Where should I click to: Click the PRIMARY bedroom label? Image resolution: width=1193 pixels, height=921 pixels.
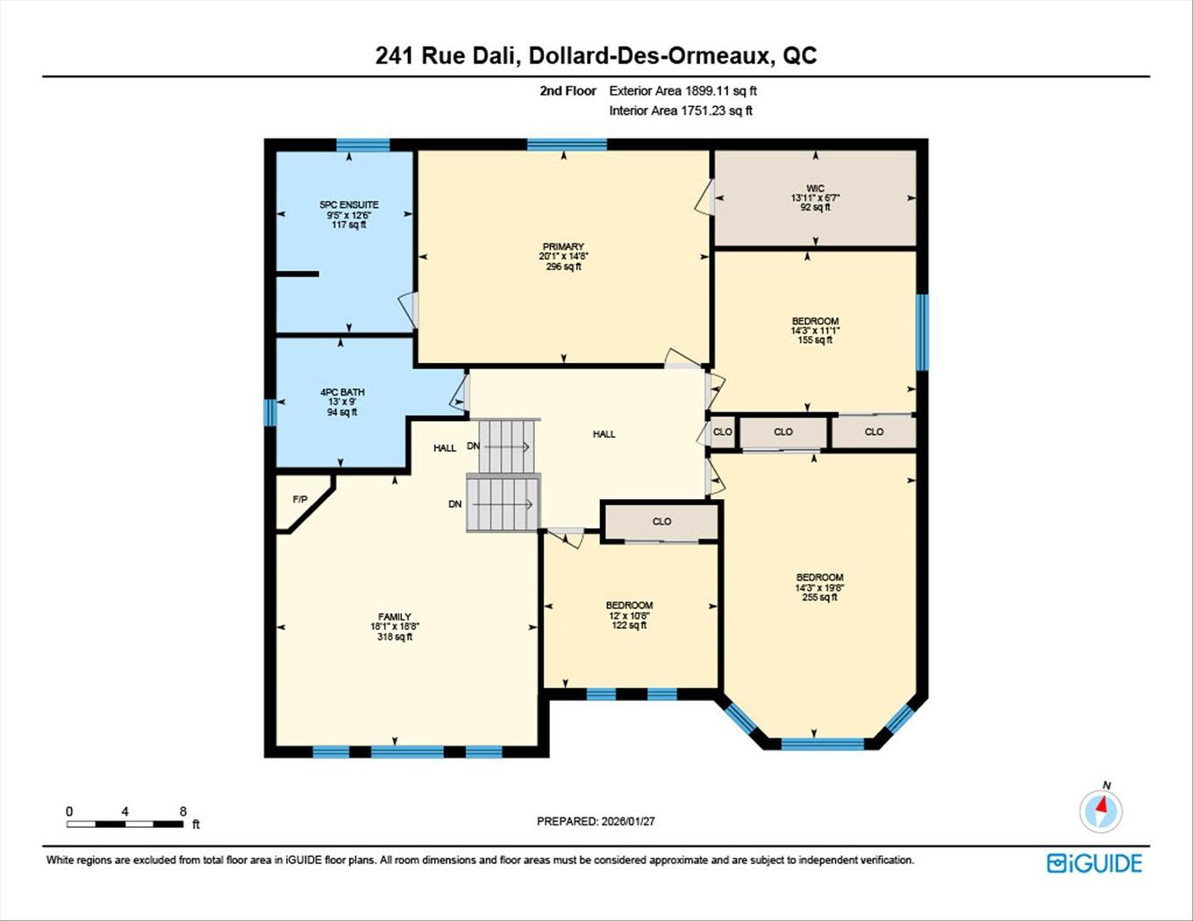(x=563, y=247)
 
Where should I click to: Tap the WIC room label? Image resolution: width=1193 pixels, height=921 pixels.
(x=815, y=189)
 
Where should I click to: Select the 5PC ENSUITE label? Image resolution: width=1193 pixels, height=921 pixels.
(x=349, y=205)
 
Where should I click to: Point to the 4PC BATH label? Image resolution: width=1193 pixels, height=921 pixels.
(x=342, y=393)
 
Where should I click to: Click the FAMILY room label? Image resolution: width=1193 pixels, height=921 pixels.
(x=395, y=618)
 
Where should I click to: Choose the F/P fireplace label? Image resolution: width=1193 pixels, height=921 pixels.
(x=300, y=500)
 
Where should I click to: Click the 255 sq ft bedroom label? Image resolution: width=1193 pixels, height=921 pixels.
(x=819, y=578)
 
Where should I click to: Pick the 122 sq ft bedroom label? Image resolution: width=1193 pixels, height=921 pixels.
(x=629, y=606)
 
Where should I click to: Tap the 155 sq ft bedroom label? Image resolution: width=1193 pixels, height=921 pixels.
(x=815, y=322)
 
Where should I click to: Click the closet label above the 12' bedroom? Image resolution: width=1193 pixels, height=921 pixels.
(x=661, y=522)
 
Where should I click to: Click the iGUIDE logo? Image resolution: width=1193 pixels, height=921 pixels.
(x=1095, y=863)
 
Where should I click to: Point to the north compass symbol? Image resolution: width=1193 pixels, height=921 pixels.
(x=1101, y=809)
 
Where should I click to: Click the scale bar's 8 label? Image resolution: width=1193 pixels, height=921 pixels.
(x=183, y=811)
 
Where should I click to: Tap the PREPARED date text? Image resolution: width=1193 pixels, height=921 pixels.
(x=596, y=822)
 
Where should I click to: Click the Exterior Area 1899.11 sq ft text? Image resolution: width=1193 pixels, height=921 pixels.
(x=682, y=90)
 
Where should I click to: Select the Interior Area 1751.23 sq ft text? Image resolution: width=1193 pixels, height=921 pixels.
(x=681, y=111)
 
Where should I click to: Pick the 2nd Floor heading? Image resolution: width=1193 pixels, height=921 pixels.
(x=568, y=90)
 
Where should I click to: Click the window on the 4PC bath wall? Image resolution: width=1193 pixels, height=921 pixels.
(x=270, y=412)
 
